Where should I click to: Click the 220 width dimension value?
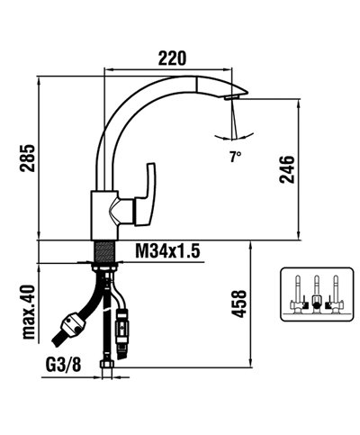click(172, 59)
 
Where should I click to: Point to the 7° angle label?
click(236, 156)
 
